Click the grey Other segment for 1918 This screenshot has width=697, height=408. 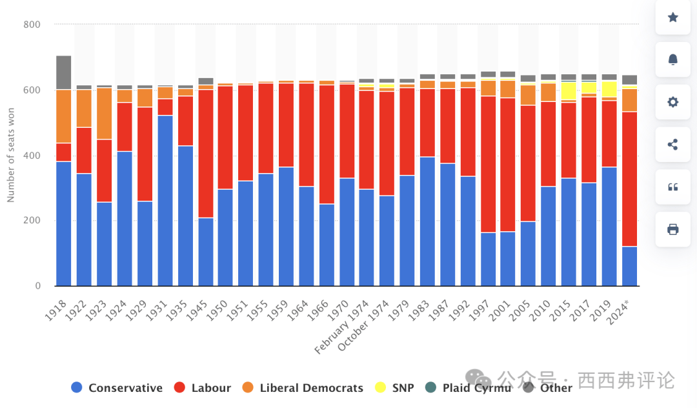tap(64, 72)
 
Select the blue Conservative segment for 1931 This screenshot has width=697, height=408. tap(165, 201)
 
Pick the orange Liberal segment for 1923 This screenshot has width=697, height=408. tap(104, 114)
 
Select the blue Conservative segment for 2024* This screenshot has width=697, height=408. tap(629, 266)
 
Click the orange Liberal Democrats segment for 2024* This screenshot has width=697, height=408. tap(629, 100)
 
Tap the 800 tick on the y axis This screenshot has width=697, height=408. tap(32, 25)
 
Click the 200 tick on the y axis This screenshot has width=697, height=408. tap(32, 221)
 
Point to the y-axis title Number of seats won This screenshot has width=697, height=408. tap(11, 156)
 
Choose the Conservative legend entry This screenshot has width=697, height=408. tap(117, 388)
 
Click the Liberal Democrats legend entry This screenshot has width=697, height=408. tap(303, 388)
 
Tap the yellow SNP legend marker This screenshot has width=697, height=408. tap(380, 388)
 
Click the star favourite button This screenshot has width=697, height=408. tap(672, 17)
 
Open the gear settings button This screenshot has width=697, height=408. tap(672, 102)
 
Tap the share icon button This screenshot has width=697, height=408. tap(672, 145)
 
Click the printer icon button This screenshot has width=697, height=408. tap(672, 229)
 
